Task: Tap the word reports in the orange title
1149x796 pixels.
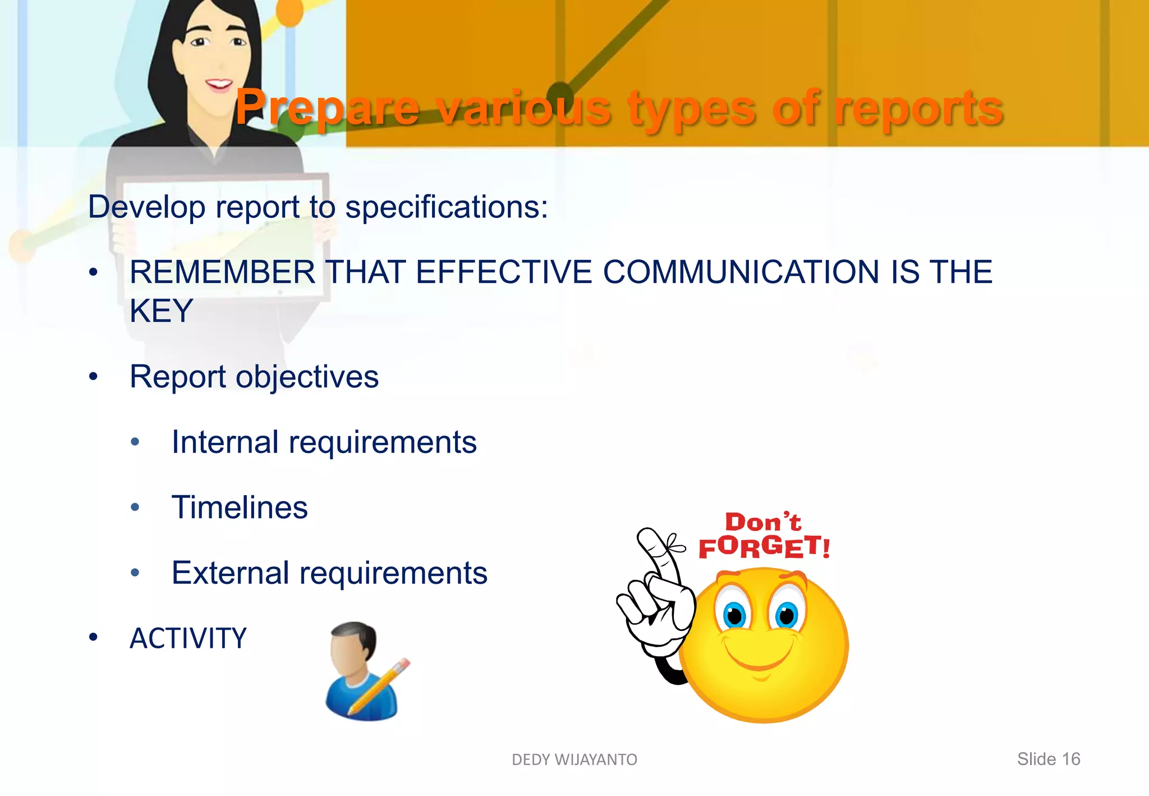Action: (x=918, y=108)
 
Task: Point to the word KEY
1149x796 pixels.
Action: (x=162, y=311)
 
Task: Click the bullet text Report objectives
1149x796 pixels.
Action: (x=254, y=377)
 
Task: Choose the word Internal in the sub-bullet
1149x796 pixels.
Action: (x=225, y=442)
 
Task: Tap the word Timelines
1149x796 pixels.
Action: (x=240, y=507)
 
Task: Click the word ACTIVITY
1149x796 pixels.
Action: (x=188, y=639)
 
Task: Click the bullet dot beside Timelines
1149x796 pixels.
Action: (x=135, y=507)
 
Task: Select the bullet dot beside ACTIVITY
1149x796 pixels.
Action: (x=93, y=638)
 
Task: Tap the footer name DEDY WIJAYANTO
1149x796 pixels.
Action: (x=574, y=760)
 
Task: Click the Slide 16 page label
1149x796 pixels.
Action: (x=1048, y=759)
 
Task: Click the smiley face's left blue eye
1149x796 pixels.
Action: (x=734, y=615)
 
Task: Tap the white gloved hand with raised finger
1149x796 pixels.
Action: (x=656, y=595)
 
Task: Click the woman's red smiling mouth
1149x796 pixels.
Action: (x=218, y=85)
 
